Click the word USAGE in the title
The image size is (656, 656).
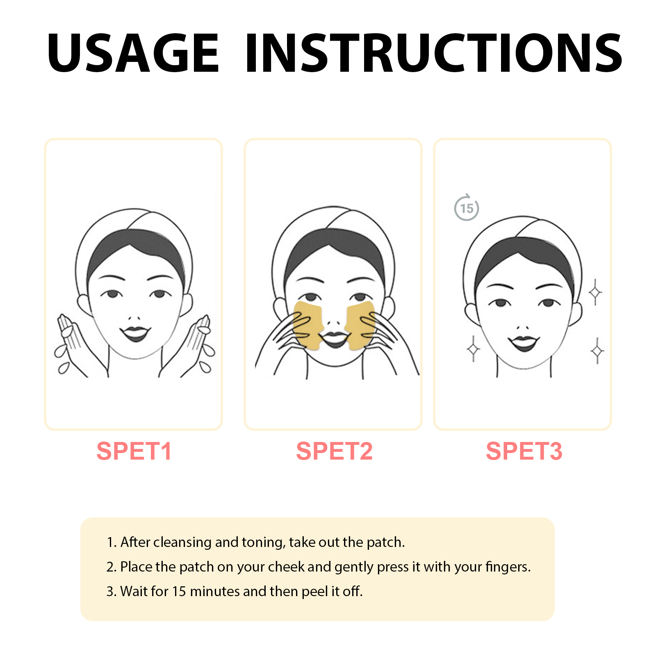[x=133, y=53]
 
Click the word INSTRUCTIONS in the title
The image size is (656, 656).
[x=434, y=53]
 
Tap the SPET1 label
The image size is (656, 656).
[x=134, y=451]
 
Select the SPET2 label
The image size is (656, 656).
[x=334, y=451]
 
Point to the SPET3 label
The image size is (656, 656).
[x=524, y=451]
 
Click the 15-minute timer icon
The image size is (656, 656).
[x=467, y=208]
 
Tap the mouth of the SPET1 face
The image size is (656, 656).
[x=135, y=333]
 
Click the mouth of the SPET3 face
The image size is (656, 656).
[x=524, y=343]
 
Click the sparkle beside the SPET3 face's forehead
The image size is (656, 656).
[x=595, y=292]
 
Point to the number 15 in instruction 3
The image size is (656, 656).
[x=179, y=591]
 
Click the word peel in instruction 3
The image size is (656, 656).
[x=314, y=592]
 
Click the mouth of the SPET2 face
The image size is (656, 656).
[x=334, y=339]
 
